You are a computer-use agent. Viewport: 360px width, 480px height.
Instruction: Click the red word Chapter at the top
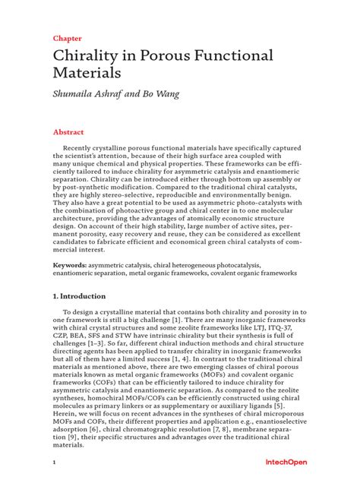[67, 37]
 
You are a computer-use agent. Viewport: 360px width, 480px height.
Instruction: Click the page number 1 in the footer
[55, 462]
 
